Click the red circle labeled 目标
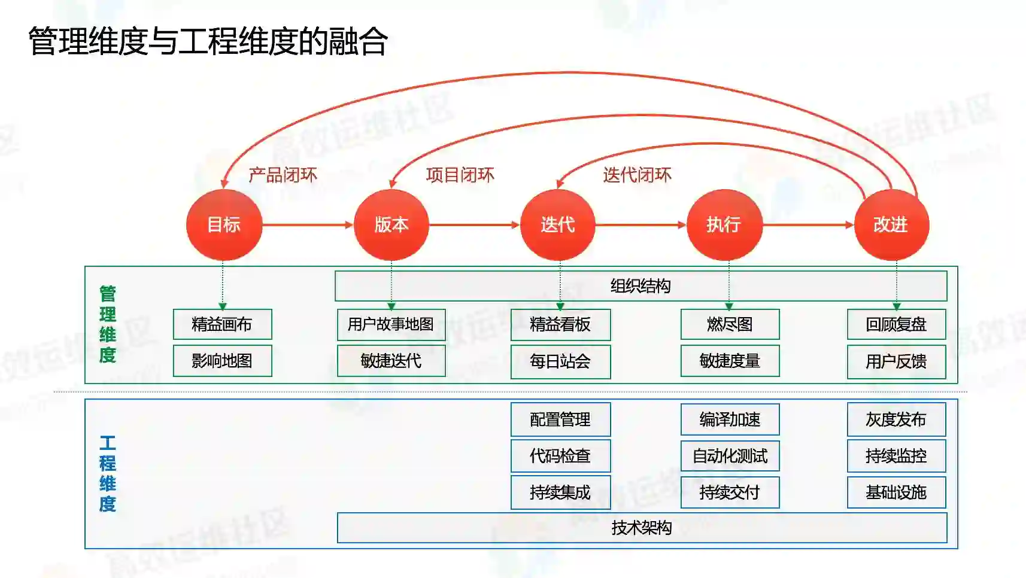click(x=224, y=225)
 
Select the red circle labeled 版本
click(x=391, y=225)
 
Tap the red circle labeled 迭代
click(x=557, y=225)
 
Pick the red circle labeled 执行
click(x=724, y=225)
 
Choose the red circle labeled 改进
click(x=891, y=225)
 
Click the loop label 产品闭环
click(x=283, y=175)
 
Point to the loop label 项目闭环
click(x=460, y=175)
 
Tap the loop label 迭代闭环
click(x=637, y=175)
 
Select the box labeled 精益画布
click(x=222, y=324)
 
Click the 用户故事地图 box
click(x=391, y=324)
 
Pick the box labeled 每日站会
click(x=560, y=361)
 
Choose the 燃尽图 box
click(x=730, y=324)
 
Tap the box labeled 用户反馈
click(x=896, y=361)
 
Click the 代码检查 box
click(x=560, y=456)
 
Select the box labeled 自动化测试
click(x=730, y=456)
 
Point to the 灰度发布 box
click(x=896, y=419)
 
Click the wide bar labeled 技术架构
click(x=642, y=528)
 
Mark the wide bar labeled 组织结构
click(x=641, y=286)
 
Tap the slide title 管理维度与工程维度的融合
click(x=208, y=41)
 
